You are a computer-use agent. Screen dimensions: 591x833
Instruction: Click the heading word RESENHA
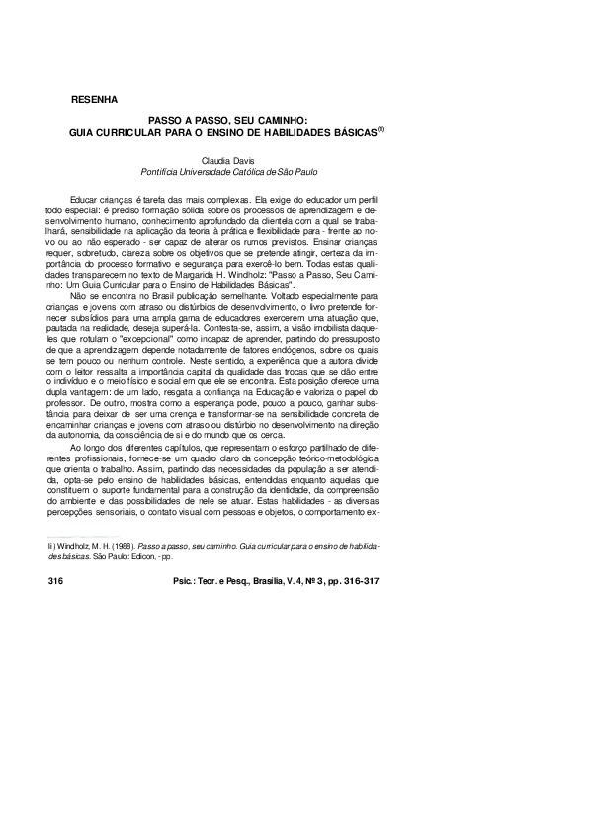[x=95, y=100]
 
